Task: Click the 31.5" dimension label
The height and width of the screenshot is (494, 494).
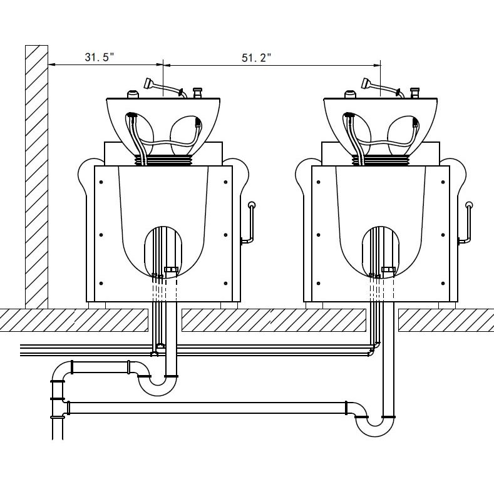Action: tap(100, 57)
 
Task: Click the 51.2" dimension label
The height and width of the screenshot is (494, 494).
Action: tap(256, 58)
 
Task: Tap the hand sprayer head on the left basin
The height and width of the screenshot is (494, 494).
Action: tap(148, 83)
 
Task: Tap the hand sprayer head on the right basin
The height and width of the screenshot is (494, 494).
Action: tap(366, 83)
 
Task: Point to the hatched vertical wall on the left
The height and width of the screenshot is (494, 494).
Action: tap(36, 177)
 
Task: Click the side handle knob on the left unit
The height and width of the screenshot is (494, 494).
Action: tap(252, 205)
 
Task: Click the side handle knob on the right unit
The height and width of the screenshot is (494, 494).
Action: tap(469, 205)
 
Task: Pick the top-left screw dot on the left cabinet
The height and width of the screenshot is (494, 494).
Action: tap(101, 182)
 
